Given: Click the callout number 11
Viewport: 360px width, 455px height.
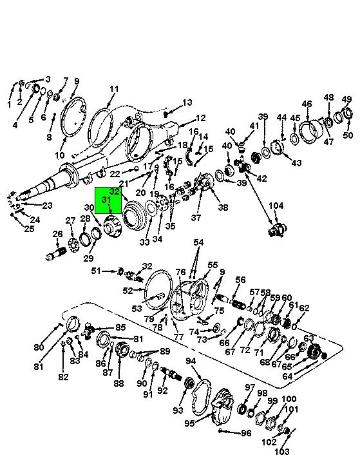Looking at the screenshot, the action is tap(114, 88).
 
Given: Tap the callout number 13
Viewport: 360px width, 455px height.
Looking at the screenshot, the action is tap(187, 102).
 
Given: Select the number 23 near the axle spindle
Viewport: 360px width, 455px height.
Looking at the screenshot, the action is tap(47, 206).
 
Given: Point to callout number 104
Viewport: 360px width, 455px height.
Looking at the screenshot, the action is tap(276, 206).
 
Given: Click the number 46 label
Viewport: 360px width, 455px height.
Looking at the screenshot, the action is tap(307, 104).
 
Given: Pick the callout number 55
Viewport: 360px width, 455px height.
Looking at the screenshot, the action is tap(213, 265).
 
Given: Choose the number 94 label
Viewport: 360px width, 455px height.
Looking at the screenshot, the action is tap(191, 361).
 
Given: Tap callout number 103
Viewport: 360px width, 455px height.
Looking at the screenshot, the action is tap(281, 451).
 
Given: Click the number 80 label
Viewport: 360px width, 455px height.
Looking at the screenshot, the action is tap(39, 347).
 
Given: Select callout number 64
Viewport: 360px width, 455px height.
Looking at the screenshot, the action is tap(287, 376).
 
